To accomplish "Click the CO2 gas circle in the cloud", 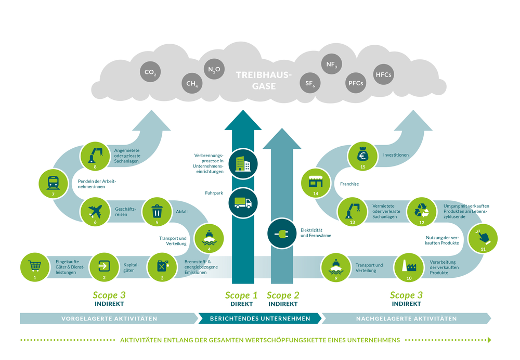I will click(150, 72).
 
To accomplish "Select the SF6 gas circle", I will click(310, 83).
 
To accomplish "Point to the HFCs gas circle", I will click(383, 74).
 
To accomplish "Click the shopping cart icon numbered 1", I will click(35, 266).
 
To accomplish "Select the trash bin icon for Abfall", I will click(157, 211).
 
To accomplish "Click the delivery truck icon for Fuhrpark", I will click(243, 202).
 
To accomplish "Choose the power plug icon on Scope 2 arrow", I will click(281, 234).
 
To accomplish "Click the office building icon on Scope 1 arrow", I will click(243, 163).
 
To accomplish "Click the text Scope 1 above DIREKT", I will click(241, 295).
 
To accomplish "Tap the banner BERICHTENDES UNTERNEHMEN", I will click(260, 318).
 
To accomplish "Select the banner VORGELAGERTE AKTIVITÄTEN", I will click(109, 318).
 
